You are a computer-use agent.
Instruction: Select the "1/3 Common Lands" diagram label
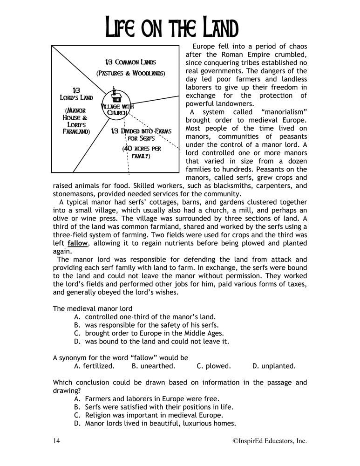130,62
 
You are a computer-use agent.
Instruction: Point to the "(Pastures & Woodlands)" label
131,74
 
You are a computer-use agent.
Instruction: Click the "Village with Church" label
117,110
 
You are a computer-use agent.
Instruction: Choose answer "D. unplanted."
274,366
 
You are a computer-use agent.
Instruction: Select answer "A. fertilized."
94,366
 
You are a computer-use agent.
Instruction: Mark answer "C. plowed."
214,366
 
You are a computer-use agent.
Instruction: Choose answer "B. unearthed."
153,366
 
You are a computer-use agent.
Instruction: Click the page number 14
57,441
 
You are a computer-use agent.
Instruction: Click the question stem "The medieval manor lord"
93,308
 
